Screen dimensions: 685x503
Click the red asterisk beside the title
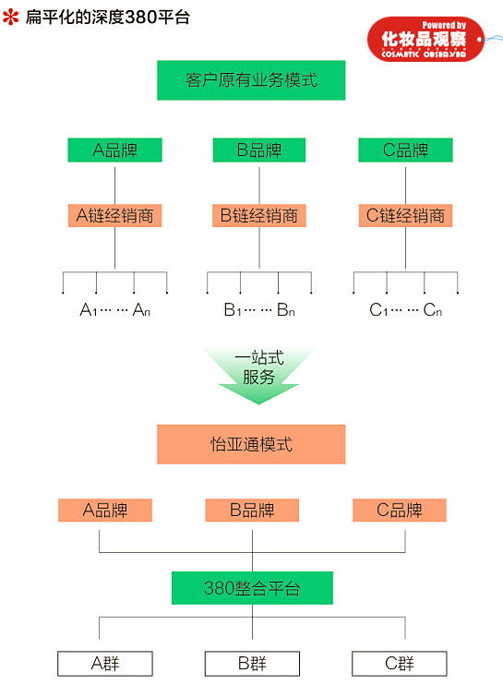click(x=11, y=17)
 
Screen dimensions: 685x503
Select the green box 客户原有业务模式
click(x=251, y=80)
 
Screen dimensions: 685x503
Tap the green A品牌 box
click(x=114, y=150)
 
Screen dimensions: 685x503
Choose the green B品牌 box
click(x=258, y=150)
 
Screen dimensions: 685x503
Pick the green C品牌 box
click(x=405, y=150)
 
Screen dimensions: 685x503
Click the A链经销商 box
click(x=114, y=216)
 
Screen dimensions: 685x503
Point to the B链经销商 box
click(x=258, y=216)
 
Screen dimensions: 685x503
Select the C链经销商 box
click(x=405, y=216)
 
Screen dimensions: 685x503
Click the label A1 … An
click(x=114, y=310)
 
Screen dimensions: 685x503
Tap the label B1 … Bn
click(x=258, y=310)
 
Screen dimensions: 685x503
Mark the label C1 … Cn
click(x=405, y=310)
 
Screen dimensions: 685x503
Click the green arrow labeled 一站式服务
click(x=258, y=373)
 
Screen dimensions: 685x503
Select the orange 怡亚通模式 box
click(x=251, y=444)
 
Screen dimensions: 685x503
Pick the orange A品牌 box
click(x=104, y=511)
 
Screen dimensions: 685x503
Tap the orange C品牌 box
click(x=399, y=511)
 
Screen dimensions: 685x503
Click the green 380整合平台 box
click(x=251, y=588)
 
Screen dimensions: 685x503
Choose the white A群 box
click(x=104, y=663)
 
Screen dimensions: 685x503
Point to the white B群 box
click(x=251, y=663)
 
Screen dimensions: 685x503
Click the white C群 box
click(x=399, y=663)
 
